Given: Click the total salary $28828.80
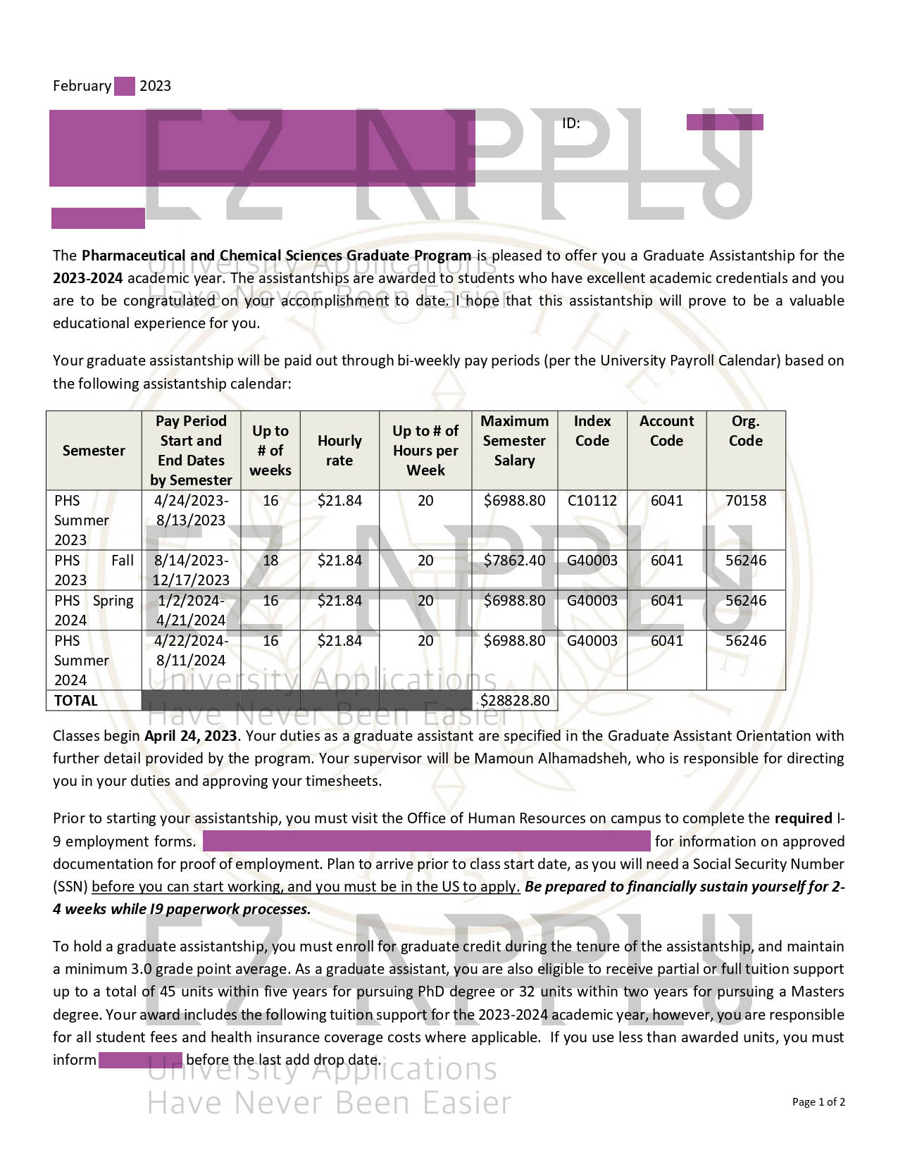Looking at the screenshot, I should coord(515,701).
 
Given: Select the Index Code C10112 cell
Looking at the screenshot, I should coord(592,501).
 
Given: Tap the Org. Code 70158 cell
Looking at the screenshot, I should coord(746,501).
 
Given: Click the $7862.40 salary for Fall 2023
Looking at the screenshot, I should coord(515,561).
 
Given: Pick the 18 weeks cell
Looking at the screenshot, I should coord(270,561).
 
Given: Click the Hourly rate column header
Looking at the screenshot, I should coord(339,451).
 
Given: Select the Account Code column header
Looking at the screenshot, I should coord(666,431).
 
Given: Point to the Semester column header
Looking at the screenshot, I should coord(94,451).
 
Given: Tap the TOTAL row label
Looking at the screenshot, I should coord(76,701).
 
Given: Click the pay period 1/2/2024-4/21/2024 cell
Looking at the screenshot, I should coord(191,611).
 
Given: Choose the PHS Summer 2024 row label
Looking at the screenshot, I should coord(82,661).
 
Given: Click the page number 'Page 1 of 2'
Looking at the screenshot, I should coord(818,1102).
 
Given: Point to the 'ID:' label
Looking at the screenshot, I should coord(570,124).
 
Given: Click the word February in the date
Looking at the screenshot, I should coord(82,86).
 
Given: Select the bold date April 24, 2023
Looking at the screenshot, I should coord(191,736).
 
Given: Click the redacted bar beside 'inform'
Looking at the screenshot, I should coord(140,1060).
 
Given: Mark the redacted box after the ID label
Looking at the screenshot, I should coord(725,123).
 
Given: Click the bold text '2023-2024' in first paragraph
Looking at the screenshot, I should coord(88,278).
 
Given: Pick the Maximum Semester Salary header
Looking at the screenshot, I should coord(515,441).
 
